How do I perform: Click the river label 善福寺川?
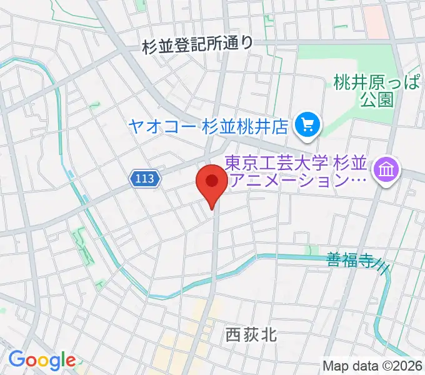click(x=354, y=261)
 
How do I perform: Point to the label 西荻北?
click(x=250, y=336)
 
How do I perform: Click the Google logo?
click(x=42, y=360)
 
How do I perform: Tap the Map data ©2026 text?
click(x=372, y=366)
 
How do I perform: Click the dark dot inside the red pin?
click(x=212, y=181)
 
